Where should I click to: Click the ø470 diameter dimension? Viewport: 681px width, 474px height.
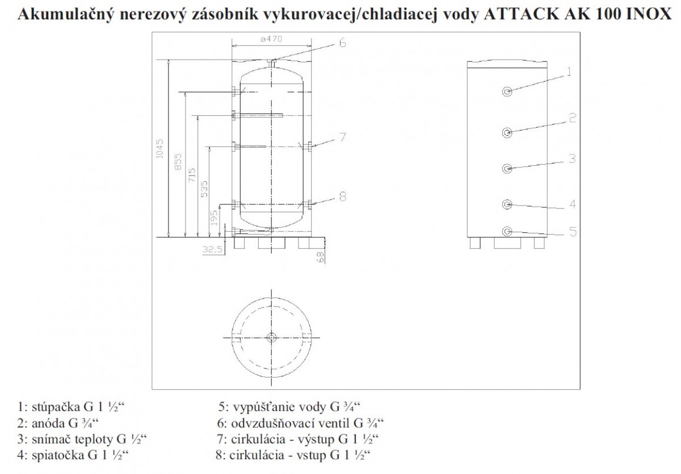[x=271, y=39]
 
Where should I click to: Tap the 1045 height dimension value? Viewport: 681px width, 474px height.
[x=159, y=149]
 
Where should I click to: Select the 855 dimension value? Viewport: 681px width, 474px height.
[x=178, y=162]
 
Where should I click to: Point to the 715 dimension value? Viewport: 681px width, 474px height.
[x=192, y=175]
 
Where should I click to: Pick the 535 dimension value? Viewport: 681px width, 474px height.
[x=205, y=189]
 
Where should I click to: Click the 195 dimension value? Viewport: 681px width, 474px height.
[x=214, y=217]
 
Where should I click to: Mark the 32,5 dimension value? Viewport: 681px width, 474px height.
[x=213, y=250]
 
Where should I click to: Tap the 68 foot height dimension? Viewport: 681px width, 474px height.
[x=320, y=257]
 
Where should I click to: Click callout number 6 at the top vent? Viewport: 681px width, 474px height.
[x=342, y=43]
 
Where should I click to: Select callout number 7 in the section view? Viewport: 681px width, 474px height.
[x=343, y=137]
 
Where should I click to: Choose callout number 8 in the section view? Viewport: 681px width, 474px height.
[x=343, y=196]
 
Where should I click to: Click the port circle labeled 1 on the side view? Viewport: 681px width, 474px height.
[x=507, y=91]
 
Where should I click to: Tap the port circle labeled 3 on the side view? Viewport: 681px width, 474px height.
[x=507, y=168]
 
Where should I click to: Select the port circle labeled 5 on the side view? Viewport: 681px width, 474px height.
[x=507, y=232]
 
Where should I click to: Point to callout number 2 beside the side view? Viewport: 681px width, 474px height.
[x=573, y=118]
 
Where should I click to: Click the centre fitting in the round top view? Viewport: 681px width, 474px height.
[x=271, y=337]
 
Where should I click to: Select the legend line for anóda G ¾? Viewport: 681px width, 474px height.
[x=58, y=423]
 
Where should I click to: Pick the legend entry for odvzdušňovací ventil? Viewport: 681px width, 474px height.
[x=300, y=423]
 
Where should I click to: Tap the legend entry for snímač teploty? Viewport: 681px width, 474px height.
[x=82, y=439]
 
